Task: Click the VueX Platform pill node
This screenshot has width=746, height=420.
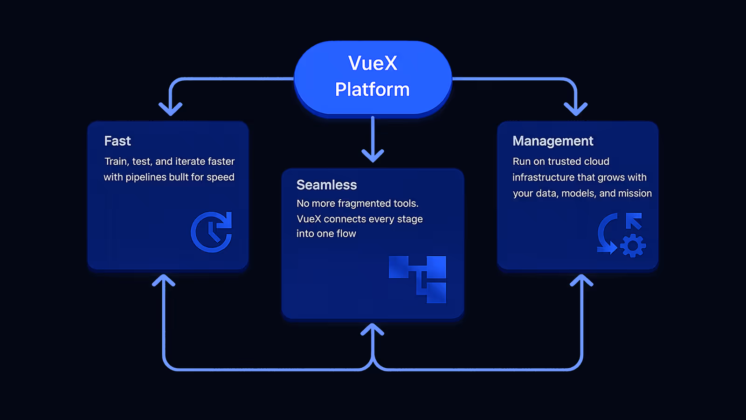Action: tap(373, 78)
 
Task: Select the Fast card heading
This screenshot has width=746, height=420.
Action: tap(117, 141)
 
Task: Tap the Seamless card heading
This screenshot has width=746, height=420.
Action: tap(326, 185)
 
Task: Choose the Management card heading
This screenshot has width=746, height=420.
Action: tap(553, 141)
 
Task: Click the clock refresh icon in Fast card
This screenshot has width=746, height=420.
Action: tap(211, 232)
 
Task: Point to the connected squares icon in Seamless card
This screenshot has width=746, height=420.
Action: tap(418, 280)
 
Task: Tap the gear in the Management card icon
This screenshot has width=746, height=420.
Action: tap(633, 245)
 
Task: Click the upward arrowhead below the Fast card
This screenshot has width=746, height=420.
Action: tap(164, 280)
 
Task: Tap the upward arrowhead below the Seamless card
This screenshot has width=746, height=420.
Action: tap(373, 329)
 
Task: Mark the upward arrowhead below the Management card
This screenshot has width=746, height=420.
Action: tap(581, 280)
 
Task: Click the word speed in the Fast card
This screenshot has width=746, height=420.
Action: tap(221, 177)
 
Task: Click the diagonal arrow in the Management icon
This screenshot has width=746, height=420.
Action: tap(634, 221)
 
